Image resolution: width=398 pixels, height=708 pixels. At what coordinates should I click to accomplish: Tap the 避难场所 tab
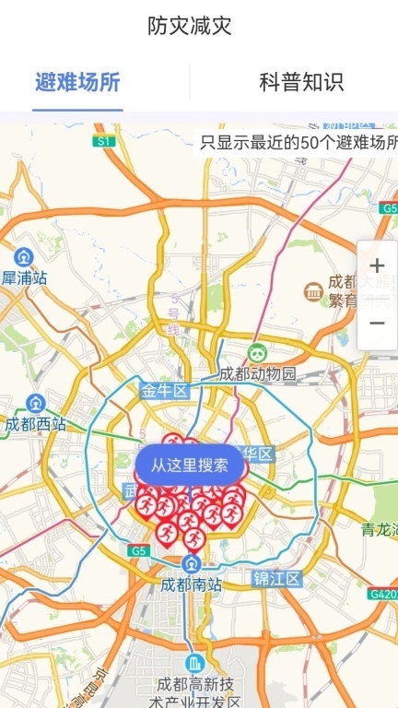click(x=77, y=82)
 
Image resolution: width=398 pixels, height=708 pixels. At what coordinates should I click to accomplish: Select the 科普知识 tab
click(x=301, y=82)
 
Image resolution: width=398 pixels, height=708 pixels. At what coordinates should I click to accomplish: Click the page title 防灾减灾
click(x=189, y=27)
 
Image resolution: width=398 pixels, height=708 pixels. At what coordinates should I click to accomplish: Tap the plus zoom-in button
click(x=377, y=267)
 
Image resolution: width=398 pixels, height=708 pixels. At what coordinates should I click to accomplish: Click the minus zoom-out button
click(x=377, y=324)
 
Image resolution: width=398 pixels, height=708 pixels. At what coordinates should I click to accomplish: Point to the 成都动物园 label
click(x=258, y=373)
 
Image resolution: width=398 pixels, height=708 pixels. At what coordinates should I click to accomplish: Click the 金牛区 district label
click(x=164, y=391)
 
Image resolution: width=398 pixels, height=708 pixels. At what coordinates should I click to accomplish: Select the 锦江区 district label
click(x=277, y=579)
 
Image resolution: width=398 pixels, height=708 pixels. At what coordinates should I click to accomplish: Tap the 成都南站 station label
click(x=191, y=584)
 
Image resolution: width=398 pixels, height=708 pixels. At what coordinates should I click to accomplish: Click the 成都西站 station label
click(x=35, y=424)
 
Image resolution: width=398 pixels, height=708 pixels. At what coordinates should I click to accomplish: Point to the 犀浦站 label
click(x=24, y=277)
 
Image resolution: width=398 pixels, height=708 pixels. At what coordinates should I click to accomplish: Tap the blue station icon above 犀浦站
click(x=23, y=256)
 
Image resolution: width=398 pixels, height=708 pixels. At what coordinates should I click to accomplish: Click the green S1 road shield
click(x=102, y=141)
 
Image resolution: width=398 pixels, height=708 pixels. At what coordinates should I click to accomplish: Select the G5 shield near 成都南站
click(x=139, y=550)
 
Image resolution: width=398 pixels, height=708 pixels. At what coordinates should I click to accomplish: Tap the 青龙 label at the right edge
click(x=379, y=529)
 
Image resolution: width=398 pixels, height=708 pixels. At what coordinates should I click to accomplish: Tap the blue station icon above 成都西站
click(x=35, y=403)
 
